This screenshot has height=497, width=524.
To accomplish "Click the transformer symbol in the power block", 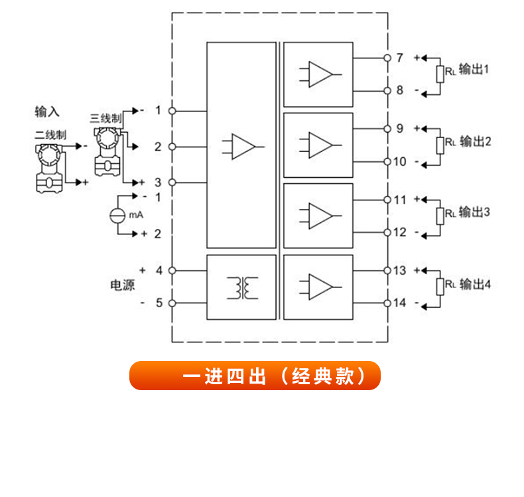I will [241, 287].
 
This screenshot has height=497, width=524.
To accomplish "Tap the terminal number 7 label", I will [400, 58].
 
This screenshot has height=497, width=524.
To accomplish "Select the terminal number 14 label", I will [399, 303].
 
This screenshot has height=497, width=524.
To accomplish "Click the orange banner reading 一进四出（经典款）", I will [255, 376].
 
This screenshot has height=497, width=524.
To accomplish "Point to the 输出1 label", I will [474, 70].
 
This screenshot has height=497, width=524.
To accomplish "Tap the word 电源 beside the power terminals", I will [121, 286].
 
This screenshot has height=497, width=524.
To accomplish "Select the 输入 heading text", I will [47, 111].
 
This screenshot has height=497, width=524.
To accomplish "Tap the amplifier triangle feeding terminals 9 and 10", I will [320, 145].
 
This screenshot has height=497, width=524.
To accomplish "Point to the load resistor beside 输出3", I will [439, 215].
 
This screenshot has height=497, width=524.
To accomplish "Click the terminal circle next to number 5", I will [172, 303].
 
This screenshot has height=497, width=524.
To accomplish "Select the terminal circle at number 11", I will [387, 199].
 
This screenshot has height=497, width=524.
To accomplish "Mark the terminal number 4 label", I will [159, 270].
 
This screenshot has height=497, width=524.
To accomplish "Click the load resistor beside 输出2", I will [439, 144].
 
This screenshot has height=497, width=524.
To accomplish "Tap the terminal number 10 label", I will [399, 161].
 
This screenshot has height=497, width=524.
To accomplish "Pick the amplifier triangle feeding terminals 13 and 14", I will [320, 287].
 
